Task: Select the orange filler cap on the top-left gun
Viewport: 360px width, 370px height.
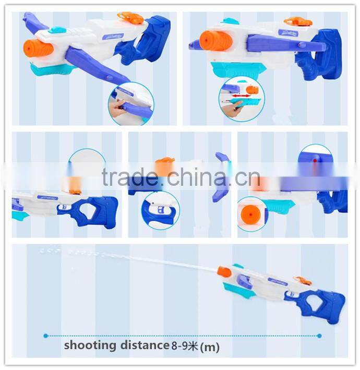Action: click(130, 18)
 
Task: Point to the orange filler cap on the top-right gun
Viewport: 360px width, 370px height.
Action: click(298, 22)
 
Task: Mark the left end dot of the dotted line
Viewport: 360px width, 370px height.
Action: click(46, 336)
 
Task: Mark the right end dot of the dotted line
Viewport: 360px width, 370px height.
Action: click(319, 336)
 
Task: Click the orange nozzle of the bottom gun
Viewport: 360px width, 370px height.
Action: click(224, 272)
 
